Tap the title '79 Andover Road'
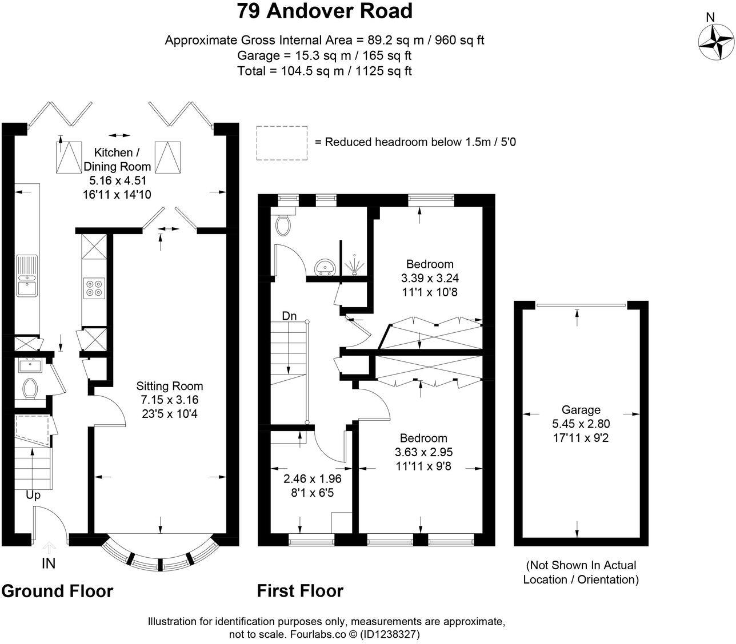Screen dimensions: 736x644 tap(325, 11)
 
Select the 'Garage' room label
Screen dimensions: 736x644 tap(581, 410)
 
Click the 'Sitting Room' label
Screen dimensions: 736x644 tap(170, 386)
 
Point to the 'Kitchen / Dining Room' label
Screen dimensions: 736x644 tap(117, 159)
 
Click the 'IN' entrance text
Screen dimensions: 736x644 tap(49, 563)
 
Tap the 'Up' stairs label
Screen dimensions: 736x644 tap(33, 496)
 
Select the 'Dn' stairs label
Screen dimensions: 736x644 tap(289, 316)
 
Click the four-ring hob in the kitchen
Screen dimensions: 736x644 tap(94, 288)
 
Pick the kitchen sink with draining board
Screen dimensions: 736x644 tap(27, 276)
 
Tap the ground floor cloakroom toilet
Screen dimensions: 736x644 tap(30, 388)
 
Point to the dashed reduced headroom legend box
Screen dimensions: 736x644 tap(282, 143)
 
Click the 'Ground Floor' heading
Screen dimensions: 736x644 tap(58, 591)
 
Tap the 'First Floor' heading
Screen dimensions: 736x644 tap(301, 591)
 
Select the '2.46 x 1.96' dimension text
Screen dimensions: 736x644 tap(312, 478)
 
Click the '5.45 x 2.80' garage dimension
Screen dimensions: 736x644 tap(581, 424)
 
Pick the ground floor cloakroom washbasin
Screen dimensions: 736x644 tap(30, 365)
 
